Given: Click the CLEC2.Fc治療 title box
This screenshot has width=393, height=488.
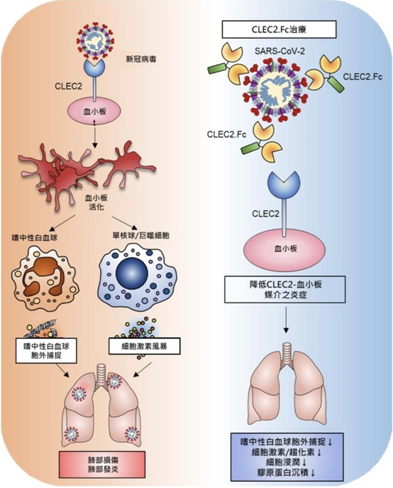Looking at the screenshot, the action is click(279, 29).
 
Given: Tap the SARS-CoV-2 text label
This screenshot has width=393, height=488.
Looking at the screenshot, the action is click(279, 51).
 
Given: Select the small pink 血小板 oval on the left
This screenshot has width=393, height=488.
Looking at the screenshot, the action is click(95, 112).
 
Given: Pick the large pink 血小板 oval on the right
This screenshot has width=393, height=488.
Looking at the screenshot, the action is click(284, 249).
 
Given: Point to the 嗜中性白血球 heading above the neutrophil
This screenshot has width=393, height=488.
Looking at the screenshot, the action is click(34, 238).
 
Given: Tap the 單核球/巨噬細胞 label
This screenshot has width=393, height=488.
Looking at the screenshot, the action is click(141, 235).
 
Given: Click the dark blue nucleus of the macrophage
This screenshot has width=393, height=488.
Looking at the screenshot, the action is click(133, 273).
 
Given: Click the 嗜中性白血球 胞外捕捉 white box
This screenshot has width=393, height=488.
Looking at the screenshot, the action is click(46, 351).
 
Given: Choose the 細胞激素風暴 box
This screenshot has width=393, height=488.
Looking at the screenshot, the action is click(144, 347).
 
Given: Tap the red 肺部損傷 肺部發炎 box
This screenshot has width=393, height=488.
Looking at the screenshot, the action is click(102, 465).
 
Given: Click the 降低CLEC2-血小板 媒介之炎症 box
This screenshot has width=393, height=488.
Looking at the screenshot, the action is click(284, 289).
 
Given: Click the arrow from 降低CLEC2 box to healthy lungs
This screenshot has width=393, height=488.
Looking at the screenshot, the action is click(286, 320).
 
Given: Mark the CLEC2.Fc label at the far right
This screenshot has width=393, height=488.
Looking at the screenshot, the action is click(362, 77).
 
